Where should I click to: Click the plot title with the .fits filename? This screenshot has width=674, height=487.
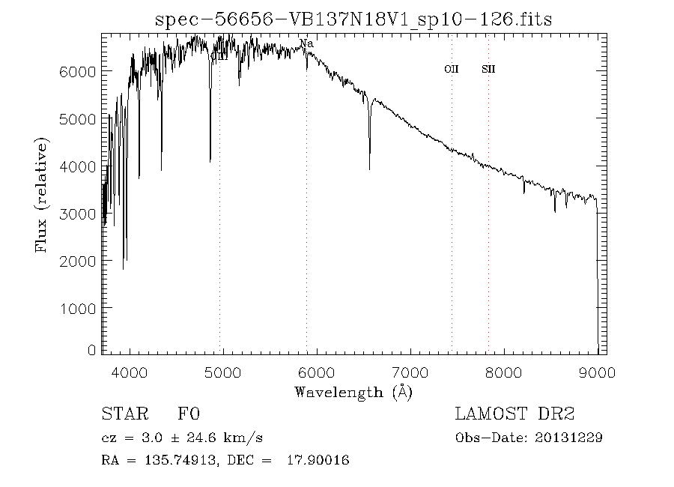click(353, 19)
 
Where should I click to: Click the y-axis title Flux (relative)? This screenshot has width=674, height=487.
click(42, 194)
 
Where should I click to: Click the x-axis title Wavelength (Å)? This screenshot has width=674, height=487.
click(353, 392)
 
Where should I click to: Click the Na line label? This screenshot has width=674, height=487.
click(306, 43)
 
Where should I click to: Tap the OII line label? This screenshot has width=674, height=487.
click(451, 69)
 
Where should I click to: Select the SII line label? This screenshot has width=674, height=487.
click(488, 69)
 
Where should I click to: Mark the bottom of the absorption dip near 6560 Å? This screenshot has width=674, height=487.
click(369, 169)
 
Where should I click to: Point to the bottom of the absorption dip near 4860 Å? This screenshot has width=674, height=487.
click(210, 160)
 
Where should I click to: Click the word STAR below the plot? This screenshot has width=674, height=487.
click(122, 414)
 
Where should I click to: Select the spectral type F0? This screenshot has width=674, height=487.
click(189, 414)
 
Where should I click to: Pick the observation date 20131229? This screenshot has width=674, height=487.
click(568, 438)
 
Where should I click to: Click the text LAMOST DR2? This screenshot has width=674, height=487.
click(514, 414)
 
